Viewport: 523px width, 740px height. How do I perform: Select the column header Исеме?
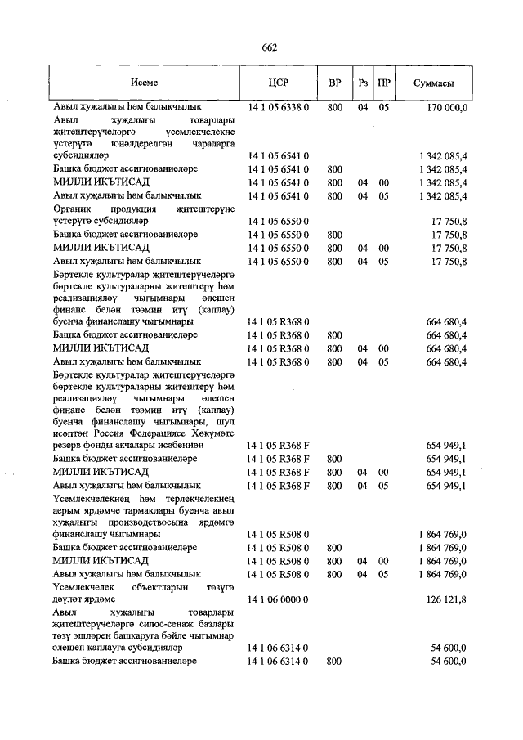click(x=143, y=84)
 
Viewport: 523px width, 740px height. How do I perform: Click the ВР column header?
click(x=333, y=84)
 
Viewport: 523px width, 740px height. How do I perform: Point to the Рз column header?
click(x=363, y=84)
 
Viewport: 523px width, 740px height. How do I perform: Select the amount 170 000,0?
click(x=447, y=107)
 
